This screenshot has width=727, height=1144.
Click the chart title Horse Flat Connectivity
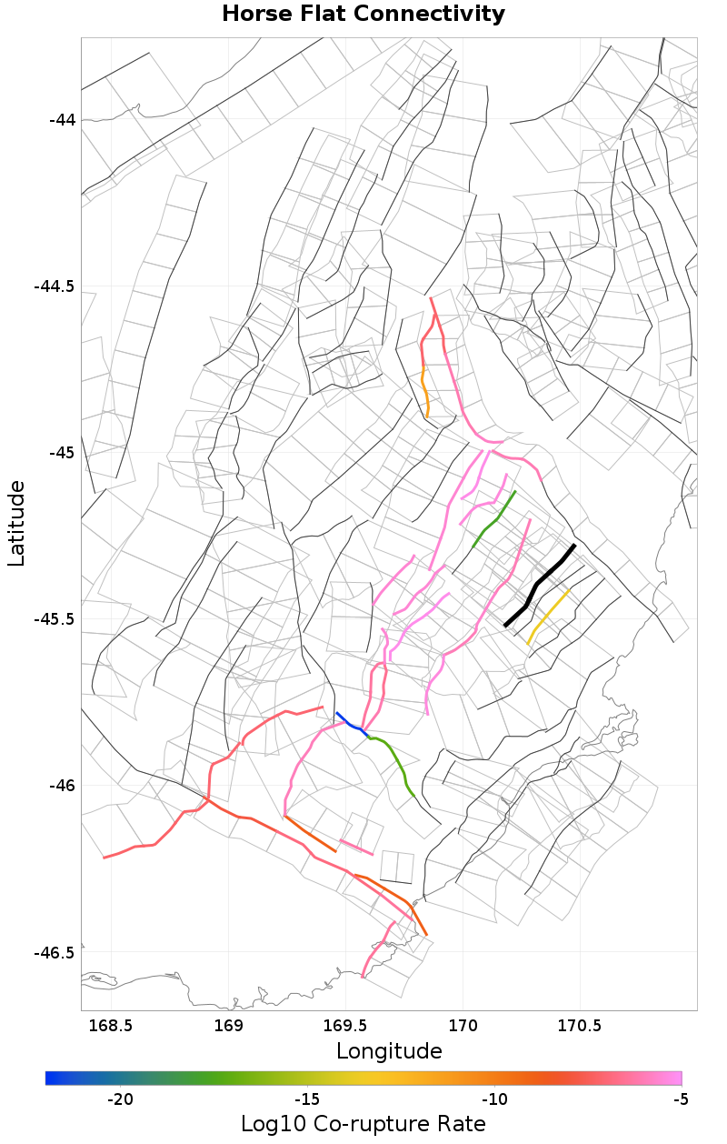363,15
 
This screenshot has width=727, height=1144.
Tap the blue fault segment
350,723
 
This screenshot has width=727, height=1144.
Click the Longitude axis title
389,1052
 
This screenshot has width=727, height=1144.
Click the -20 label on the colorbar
121,1099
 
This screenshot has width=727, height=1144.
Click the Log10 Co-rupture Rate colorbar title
363,1124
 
